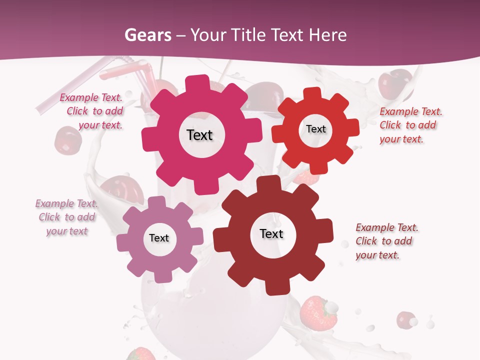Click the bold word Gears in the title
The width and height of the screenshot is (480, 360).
click(147, 35)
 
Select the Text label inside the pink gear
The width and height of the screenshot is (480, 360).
click(199, 135)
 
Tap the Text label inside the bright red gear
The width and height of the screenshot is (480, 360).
click(315, 129)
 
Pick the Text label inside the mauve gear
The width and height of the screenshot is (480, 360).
click(159, 238)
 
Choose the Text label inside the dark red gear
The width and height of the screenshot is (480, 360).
click(271, 233)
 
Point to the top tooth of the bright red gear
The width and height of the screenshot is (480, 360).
click(312, 94)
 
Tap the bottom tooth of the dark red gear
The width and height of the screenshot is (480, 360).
click(274, 287)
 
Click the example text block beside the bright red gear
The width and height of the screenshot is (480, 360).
click(410, 125)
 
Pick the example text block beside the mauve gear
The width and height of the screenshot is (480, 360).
click(66, 217)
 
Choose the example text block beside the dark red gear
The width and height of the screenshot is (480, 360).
click(386, 241)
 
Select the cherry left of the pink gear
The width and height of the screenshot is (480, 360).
click(67, 140)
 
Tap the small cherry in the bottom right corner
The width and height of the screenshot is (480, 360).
click(406, 319)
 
